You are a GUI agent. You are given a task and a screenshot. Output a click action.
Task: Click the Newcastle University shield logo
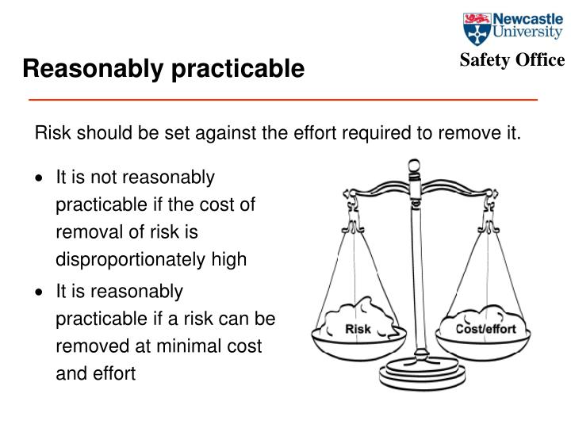476,29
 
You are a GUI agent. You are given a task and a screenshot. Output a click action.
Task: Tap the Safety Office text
512,60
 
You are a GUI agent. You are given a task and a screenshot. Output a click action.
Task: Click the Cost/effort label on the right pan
485,329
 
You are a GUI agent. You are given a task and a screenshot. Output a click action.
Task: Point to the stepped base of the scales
414,369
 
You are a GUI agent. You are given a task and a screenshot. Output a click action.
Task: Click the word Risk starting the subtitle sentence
50,132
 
